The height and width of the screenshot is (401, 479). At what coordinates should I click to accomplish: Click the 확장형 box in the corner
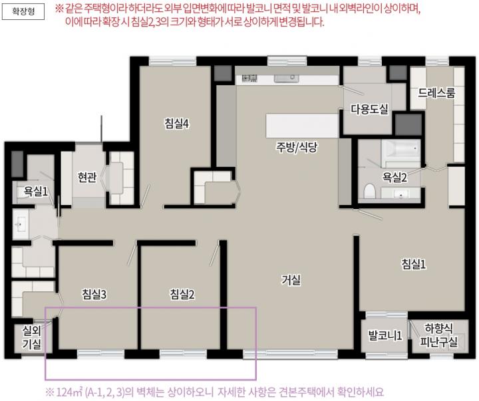(x=23, y=11)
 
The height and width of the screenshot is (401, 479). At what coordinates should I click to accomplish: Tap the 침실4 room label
(x=177, y=124)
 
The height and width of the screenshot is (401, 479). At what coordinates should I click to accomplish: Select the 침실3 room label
(x=94, y=295)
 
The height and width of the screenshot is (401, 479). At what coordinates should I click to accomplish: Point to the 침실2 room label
(x=182, y=295)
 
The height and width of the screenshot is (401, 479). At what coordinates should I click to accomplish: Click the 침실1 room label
(x=414, y=264)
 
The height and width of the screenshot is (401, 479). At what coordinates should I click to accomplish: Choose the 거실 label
(x=291, y=280)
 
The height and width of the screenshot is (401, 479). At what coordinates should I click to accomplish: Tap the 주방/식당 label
(x=297, y=148)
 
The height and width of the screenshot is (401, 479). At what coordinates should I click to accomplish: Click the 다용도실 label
(x=369, y=109)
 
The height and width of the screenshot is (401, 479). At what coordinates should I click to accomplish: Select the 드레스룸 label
(x=436, y=93)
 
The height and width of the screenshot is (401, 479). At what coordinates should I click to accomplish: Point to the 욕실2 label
(x=395, y=177)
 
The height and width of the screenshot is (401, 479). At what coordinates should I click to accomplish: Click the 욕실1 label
(x=36, y=192)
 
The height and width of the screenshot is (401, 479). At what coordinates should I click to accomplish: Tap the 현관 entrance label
(x=87, y=177)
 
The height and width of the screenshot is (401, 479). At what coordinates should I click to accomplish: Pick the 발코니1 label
(x=385, y=336)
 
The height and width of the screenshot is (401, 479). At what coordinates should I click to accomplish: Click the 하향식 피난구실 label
(x=438, y=335)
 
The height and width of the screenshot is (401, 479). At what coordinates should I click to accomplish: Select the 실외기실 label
(x=31, y=336)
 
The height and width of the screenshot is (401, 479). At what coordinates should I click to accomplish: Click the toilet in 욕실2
(x=369, y=191)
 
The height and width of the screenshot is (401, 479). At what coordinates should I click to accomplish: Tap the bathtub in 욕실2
(x=401, y=150)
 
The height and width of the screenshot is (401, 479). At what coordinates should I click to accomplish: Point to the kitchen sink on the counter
(x=286, y=78)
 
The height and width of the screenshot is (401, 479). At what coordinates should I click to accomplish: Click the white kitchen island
(x=302, y=126)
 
